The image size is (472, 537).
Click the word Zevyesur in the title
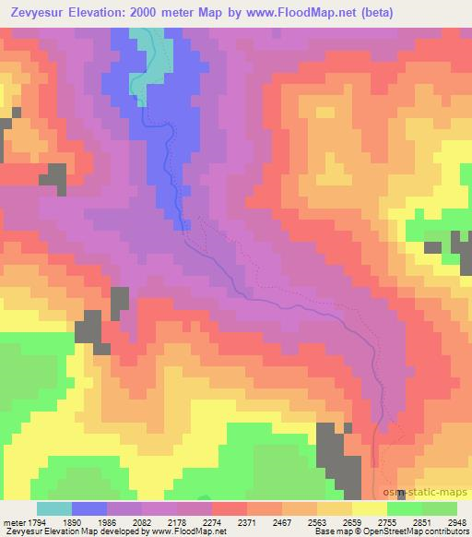(38, 12)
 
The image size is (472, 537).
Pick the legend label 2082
(142, 521)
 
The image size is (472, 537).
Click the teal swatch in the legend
(54, 508)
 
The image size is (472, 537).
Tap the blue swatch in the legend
(90, 508)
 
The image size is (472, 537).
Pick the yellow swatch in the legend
(369, 508)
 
